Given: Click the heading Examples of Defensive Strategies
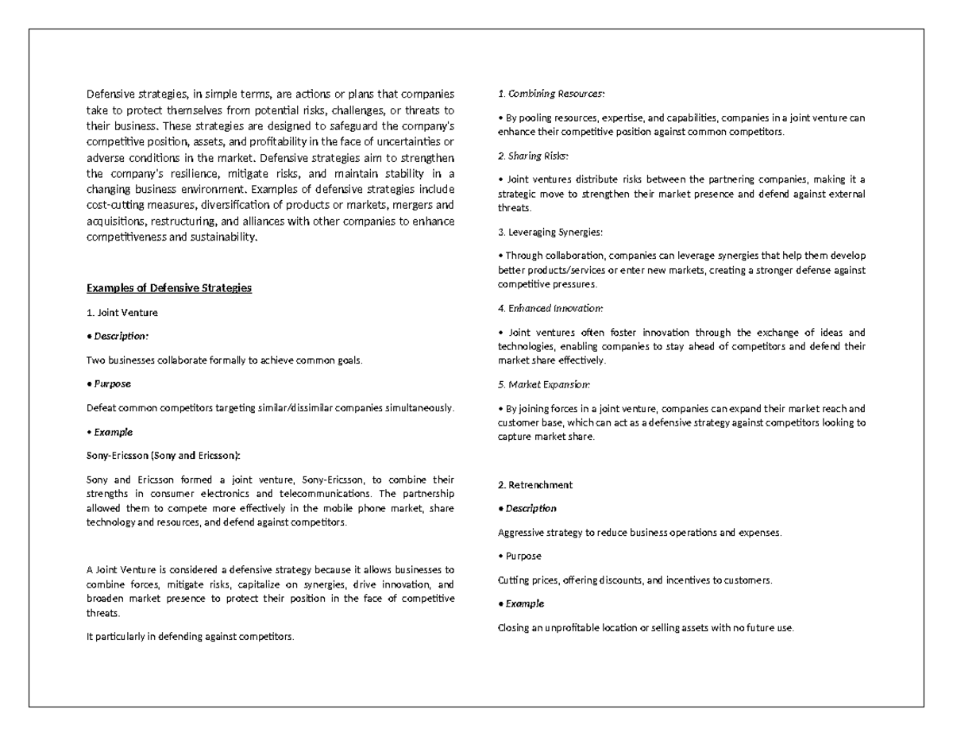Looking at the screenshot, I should point(168,287).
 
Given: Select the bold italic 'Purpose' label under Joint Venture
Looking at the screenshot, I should point(112,383).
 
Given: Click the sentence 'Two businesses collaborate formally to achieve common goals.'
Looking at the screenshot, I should point(224,360).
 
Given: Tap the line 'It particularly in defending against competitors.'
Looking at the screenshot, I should point(190,637).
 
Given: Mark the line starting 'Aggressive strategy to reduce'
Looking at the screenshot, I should point(639,533).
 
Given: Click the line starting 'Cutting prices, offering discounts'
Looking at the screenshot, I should point(635,580).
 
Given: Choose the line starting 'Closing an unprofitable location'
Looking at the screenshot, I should point(645,628).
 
